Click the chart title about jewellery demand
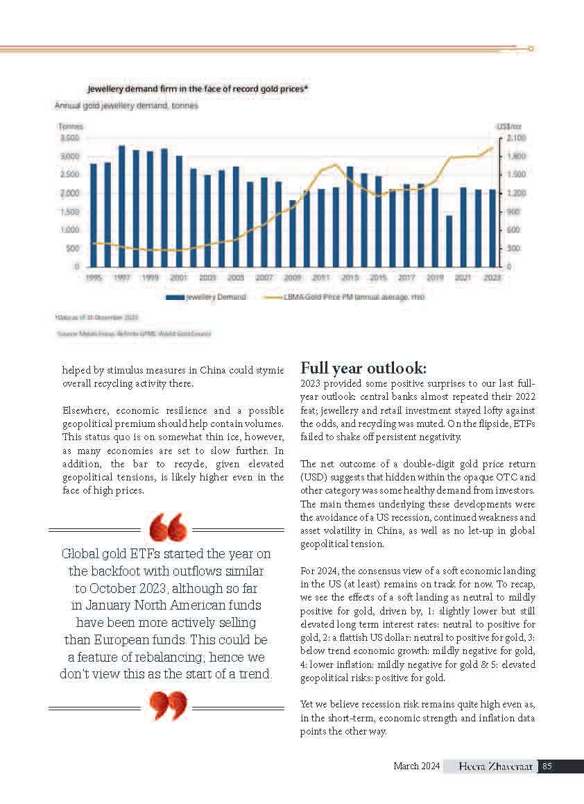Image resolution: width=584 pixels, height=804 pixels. [x=198, y=89]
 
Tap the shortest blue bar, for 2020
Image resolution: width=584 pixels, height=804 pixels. [x=449, y=241]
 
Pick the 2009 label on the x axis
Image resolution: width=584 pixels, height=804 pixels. [x=293, y=276]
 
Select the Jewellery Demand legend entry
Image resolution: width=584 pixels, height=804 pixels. [x=207, y=297]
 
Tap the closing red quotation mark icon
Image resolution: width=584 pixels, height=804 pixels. [x=168, y=705]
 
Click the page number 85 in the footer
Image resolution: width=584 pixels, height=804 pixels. [x=547, y=767]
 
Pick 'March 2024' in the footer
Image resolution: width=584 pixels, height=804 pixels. [x=417, y=767]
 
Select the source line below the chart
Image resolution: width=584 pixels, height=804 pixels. [x=134, y=334]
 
